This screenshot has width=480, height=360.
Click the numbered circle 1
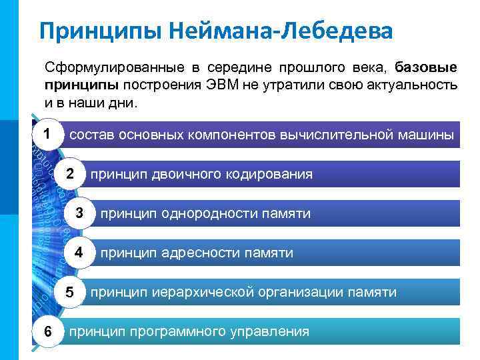[x=45, y=134]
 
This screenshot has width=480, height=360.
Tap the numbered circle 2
[x=70, y=174]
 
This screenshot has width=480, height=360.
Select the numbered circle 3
[x=80, y=213]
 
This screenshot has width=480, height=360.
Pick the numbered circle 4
[x=80, y=253]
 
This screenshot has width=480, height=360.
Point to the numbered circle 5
[x=70, y=292]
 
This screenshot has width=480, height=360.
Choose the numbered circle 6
[x=45, y=331]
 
